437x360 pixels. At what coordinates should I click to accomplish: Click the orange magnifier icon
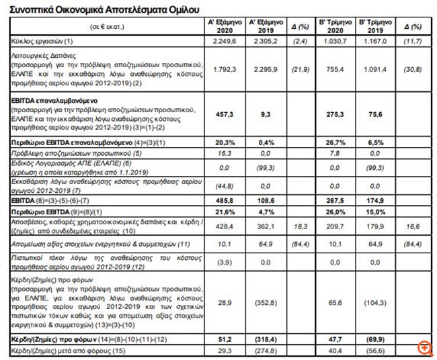[x=424, y=347]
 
